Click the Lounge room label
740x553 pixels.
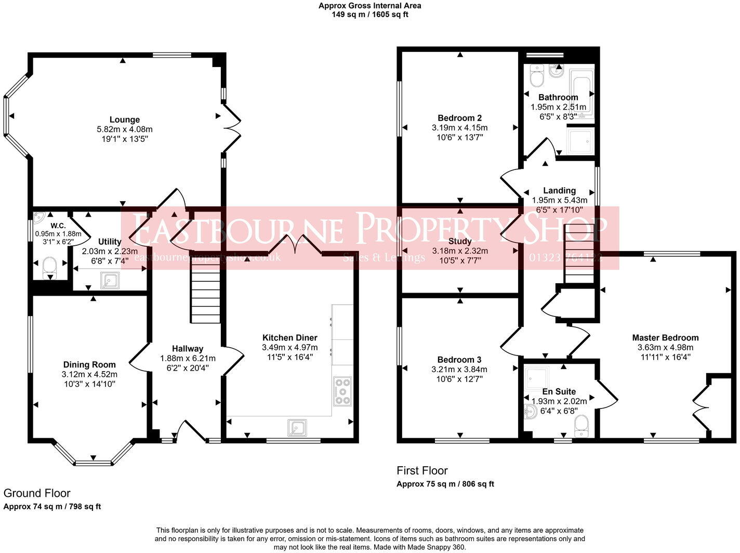[124, 120]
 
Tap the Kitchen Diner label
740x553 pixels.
[289, 337]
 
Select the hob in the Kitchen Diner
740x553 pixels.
[342, 391]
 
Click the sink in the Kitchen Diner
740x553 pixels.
[297, 428]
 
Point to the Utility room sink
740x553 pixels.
[110, 281]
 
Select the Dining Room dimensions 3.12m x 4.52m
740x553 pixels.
[89, 374]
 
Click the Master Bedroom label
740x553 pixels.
[665, 337]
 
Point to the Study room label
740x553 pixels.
[460, 241]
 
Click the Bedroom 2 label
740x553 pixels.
[459, 117]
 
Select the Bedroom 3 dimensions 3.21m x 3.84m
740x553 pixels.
[459, 370]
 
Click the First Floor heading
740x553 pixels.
[422, 470]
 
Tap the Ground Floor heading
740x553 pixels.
[37, 493]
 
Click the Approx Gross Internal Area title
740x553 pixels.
[369, 6]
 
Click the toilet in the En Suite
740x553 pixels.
[581, 426]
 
